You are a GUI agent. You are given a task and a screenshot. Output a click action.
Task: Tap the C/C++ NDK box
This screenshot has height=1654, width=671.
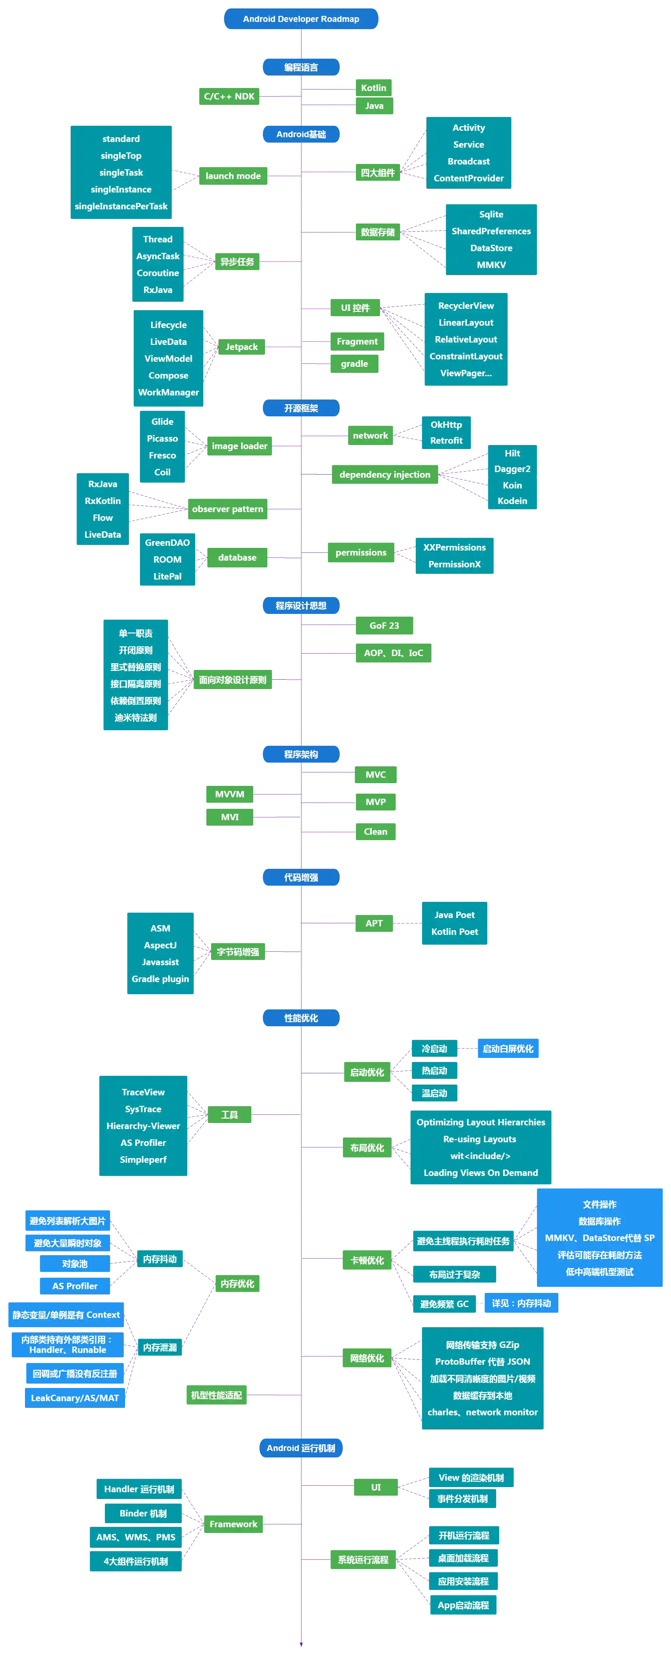[229, 96]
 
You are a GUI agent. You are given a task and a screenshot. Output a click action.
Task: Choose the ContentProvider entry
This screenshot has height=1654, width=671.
[469, 178]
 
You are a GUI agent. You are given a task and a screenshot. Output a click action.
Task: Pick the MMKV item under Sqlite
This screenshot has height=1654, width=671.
[491, 265]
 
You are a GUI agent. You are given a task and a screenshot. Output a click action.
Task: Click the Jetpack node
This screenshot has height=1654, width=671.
[241, 347]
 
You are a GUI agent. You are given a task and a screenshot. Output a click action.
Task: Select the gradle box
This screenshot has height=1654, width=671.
[354, 363]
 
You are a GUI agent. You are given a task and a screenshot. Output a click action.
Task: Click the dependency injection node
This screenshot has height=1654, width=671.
[385, 474]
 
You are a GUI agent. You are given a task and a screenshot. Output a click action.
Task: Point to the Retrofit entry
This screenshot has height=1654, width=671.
[446, 440]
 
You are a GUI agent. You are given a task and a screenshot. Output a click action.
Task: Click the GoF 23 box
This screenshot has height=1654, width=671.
[384, 625]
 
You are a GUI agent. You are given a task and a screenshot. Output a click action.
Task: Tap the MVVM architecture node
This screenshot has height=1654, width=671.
[229, 794]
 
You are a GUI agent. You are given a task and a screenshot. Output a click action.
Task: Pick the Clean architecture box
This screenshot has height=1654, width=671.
[376, 831]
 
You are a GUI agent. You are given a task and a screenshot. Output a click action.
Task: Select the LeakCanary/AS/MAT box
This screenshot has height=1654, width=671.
[75, 1398]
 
